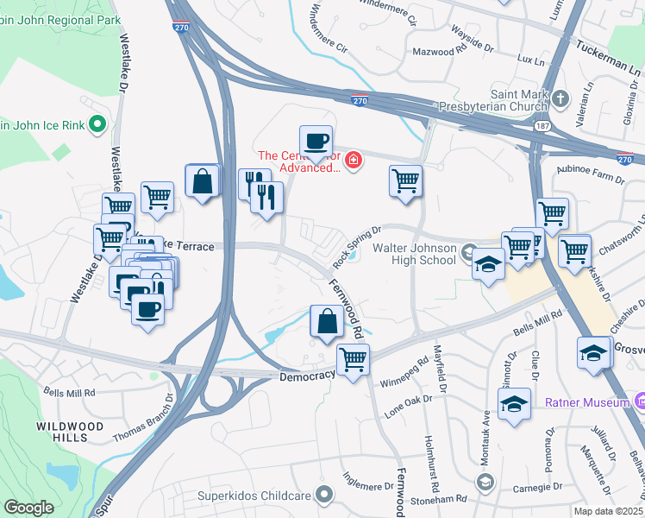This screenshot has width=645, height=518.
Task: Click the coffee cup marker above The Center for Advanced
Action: click(x=316, y=141)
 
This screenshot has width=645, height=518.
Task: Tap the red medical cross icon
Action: click(x=353, y=160)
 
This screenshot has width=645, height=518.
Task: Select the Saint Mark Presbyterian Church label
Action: click(x=503, y=101)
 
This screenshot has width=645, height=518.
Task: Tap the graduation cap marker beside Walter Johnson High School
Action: click(x=488, y=264)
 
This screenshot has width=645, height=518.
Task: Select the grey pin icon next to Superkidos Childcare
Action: click(x=324, y=495)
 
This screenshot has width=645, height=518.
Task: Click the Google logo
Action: click(x=28, y=507)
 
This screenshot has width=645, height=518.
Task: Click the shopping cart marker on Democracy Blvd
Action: click(x=353, y=359)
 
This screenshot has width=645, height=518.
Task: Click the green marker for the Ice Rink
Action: click(x=97, y=125)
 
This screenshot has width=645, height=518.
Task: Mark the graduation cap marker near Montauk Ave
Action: click(x=514, y=403)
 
